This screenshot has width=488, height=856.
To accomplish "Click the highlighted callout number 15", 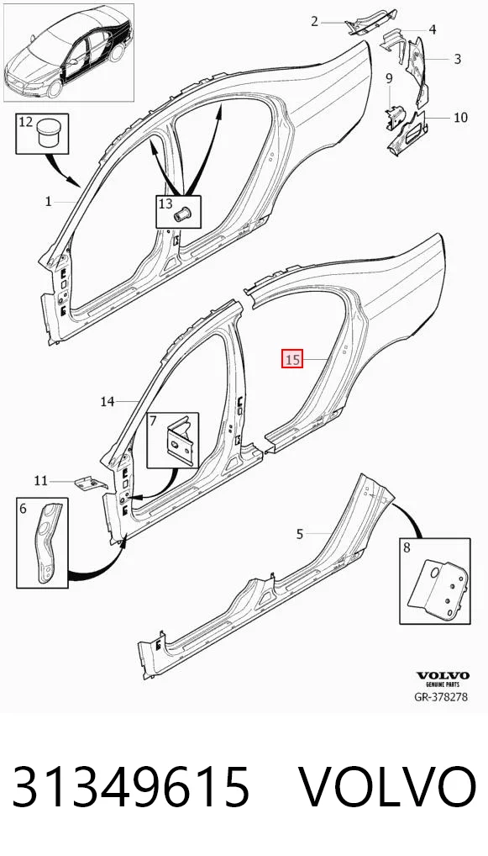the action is pos(291,359).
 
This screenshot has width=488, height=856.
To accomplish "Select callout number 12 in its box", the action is pos(26,122).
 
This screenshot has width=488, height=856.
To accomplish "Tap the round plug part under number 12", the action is pos(47,133).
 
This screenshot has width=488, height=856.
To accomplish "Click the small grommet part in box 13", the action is pos(181,214).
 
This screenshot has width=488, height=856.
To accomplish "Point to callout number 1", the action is pos(48,202).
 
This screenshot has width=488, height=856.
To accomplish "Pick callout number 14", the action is pos(108,402).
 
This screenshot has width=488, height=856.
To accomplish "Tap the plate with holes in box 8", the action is pos(438,588).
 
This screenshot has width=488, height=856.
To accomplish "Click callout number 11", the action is pos(41,481).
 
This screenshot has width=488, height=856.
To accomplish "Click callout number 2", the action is pos(314,22).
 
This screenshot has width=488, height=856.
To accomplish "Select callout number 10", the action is pos(461,117).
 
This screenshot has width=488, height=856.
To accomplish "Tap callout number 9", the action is pos(389,78).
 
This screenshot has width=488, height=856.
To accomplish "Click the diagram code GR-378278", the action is pos(441,697).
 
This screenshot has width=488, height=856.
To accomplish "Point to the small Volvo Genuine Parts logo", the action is pos(443,679).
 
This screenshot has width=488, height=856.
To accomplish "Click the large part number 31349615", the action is pos(131,787).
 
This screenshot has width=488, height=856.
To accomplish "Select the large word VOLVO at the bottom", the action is pos(387,787).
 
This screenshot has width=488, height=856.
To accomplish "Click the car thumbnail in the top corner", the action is pos(69,52).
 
